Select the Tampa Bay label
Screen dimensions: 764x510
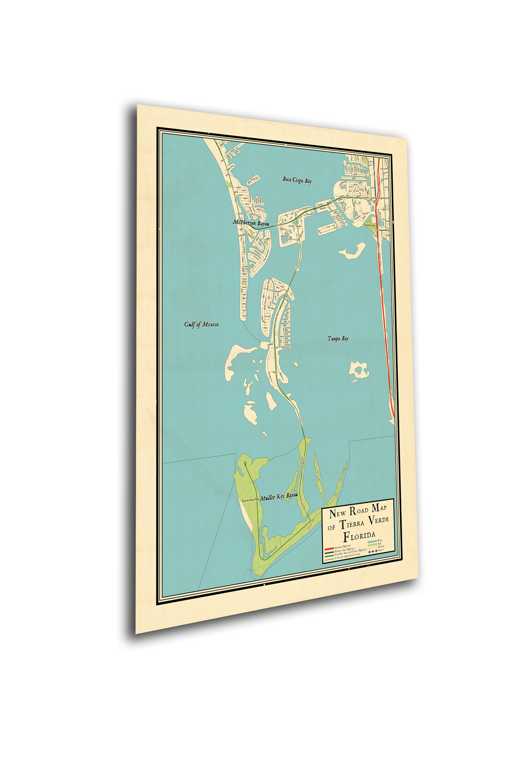(x=338, y=339)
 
